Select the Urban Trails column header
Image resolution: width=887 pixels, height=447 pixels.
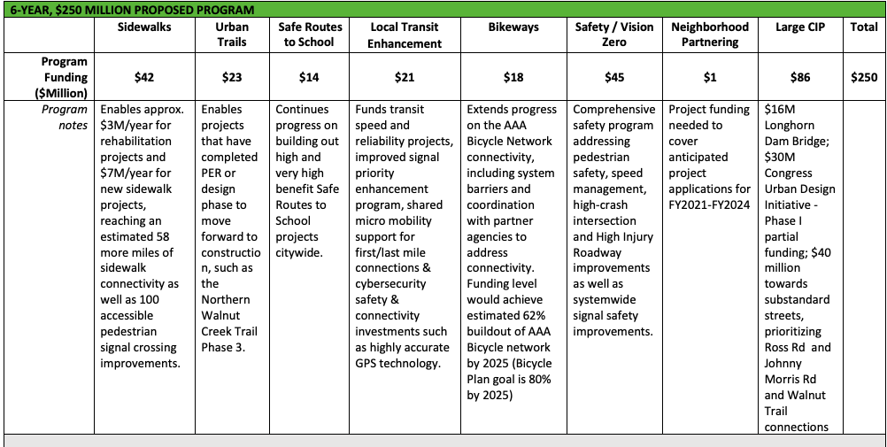pyautogui.click(x=233, y=35)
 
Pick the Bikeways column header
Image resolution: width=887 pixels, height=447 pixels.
pyautogui.click(x=513, y=27)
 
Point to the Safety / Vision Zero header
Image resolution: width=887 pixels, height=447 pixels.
pyautogui.click(x=613, y=35)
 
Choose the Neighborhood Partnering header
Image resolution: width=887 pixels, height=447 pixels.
pyautogui.click(x=710, y=35)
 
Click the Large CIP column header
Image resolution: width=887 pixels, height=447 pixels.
pyautogui.click(x=799, y=27)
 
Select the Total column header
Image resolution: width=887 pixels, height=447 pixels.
pyautogui.click(x=864, y=27)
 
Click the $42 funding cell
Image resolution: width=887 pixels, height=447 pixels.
pyautogui.click(x=144, y=77)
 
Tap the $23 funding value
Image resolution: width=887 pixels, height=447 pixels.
pyautogui.click(x=233, y=77)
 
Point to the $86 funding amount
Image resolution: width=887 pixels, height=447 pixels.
pyautogui.click(x=799, y=77)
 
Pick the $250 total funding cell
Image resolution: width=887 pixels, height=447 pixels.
pyautogui.click(x=864, y=77)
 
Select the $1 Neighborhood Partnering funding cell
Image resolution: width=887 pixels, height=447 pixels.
pyautogui.click(x=710, y=77)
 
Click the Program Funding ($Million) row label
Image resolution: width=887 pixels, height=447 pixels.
pyautogui.click(x=64, y=77)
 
